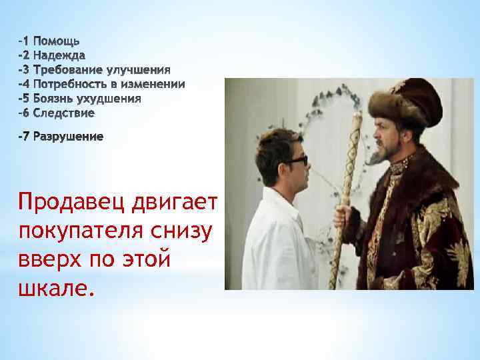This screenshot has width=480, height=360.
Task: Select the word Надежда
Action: point(59,55)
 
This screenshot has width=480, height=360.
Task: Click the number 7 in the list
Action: point(25,137)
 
